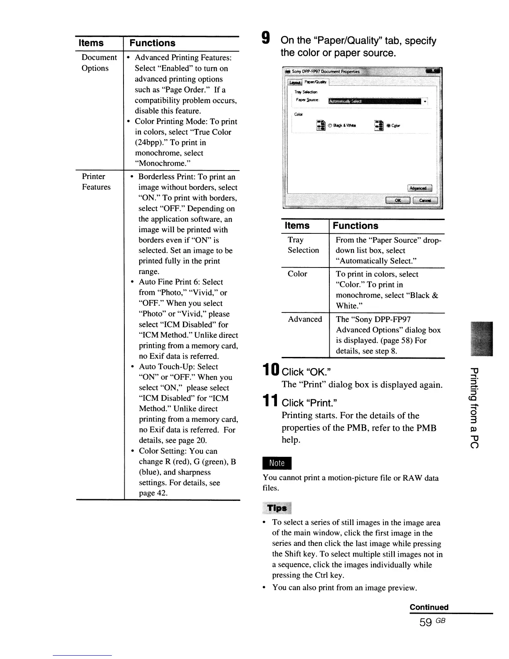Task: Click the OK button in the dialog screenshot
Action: pos(398,200)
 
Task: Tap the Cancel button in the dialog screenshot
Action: pos(425,200)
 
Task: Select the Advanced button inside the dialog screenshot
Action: pos(420,188)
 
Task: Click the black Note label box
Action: pos(277,463)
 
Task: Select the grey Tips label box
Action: pos(277,508)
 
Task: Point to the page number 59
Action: pos(426,622)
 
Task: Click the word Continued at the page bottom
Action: pos(429,607)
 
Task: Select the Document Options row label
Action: pos(99,63)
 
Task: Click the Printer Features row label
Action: pos(96,182)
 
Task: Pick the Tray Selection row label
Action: pos(303,245)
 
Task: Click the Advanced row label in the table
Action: pos(305,319)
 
